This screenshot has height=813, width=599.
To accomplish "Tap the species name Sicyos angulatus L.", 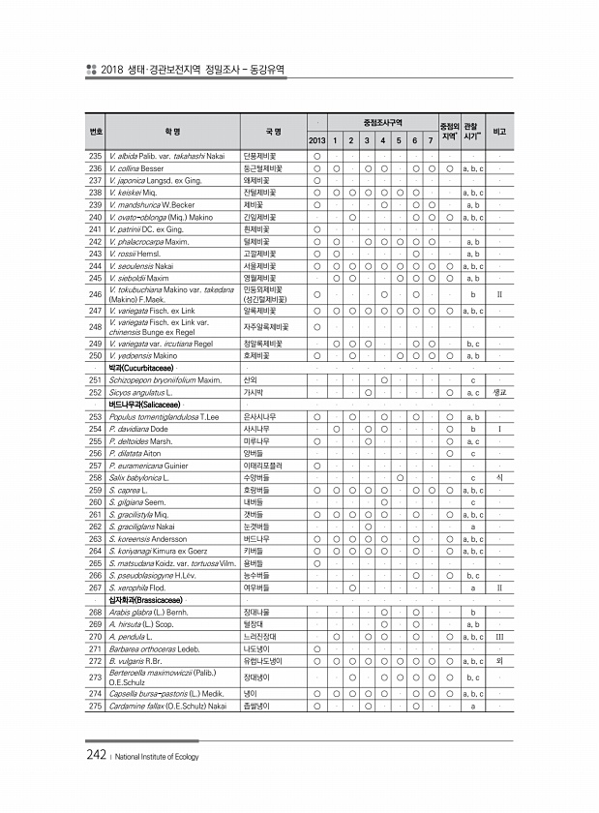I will point(141,393).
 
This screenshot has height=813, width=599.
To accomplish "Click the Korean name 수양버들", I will point(255,477).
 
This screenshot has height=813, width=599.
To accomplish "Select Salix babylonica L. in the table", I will point(140,477).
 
